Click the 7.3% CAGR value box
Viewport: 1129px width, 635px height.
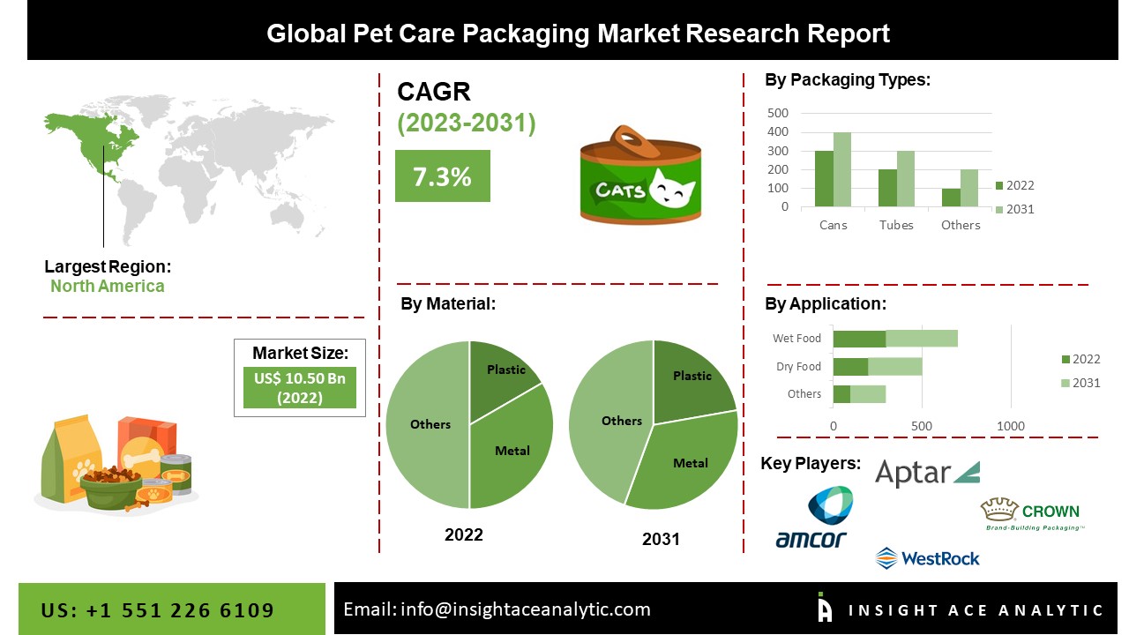coord(442,176)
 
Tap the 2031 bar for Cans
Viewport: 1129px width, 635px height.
coord(841,170)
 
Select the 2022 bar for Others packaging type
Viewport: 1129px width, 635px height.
coord(951,198)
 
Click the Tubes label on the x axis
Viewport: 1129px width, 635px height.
coord(896,225)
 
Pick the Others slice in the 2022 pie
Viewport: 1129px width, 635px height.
coord(428,424)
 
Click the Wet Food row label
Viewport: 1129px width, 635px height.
coord(796,338)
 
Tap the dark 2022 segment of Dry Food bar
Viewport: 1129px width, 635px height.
coord(850,366)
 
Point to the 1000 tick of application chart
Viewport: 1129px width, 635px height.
coord(1011,426)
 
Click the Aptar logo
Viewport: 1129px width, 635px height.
coord(926,474)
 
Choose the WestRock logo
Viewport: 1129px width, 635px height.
coord(927,557)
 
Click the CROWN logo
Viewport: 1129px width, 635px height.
coord(1031,514)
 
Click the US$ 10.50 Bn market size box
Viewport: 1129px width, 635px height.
coord(299,388)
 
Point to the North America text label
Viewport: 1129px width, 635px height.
coord(107,286)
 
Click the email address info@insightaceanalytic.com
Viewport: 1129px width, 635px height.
coord(497,609)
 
